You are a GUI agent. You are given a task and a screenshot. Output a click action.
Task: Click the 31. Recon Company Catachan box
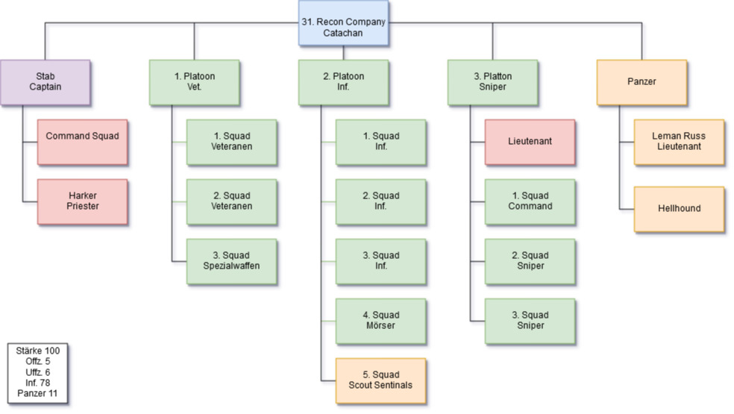pyautogui.click(x=343, y=22)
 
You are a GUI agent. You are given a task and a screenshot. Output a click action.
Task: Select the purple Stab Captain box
pyautogui.click(x=46, y=81)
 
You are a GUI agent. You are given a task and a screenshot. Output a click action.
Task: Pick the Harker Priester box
pyautogui.click(x=82, y=201)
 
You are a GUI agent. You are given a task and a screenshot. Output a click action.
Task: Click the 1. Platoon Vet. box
pyautogui.click(x=194, y=81)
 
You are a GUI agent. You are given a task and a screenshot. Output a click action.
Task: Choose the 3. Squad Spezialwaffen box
pyautogui.click(x=231, y=260)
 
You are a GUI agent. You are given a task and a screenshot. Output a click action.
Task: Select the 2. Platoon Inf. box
pyautogui.click(x=343, y=81)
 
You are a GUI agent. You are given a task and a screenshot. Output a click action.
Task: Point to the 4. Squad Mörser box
pyautogui.click(x=380, y=320)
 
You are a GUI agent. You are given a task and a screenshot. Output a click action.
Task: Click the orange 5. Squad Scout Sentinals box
pyautogui.click(x=380, y=380)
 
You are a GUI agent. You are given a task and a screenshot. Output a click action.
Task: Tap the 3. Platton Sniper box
pyautogui.click(x=492, y=81)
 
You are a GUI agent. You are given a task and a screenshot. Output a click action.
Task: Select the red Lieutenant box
pyautogui.click(x=530, y=141)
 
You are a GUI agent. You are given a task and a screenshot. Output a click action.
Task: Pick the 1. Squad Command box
pyautogui.click(x=530, y=201)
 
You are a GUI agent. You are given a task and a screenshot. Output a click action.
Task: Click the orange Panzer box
pyautogui.click(x=642, y=81)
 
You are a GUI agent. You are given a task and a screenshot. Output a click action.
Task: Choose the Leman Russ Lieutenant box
pyautogui.click(x=679, y=141)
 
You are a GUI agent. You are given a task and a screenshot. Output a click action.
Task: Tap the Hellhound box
pyautogui.click(x=679, y=208)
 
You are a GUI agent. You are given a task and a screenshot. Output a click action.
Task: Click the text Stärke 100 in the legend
pyautogui.click(x=37, y=350)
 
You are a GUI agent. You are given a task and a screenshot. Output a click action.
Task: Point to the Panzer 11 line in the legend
pyautogui.click(x=37, y=393)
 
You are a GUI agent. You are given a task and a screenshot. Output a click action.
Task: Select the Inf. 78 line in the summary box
pyautogui.click(x=37, y=383)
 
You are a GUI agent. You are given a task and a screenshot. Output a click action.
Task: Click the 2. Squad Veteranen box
pyautogui.click(x=231, y=201)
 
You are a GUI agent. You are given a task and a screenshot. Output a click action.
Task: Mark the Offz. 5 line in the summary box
pyautogui.click(x=37, y=361)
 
